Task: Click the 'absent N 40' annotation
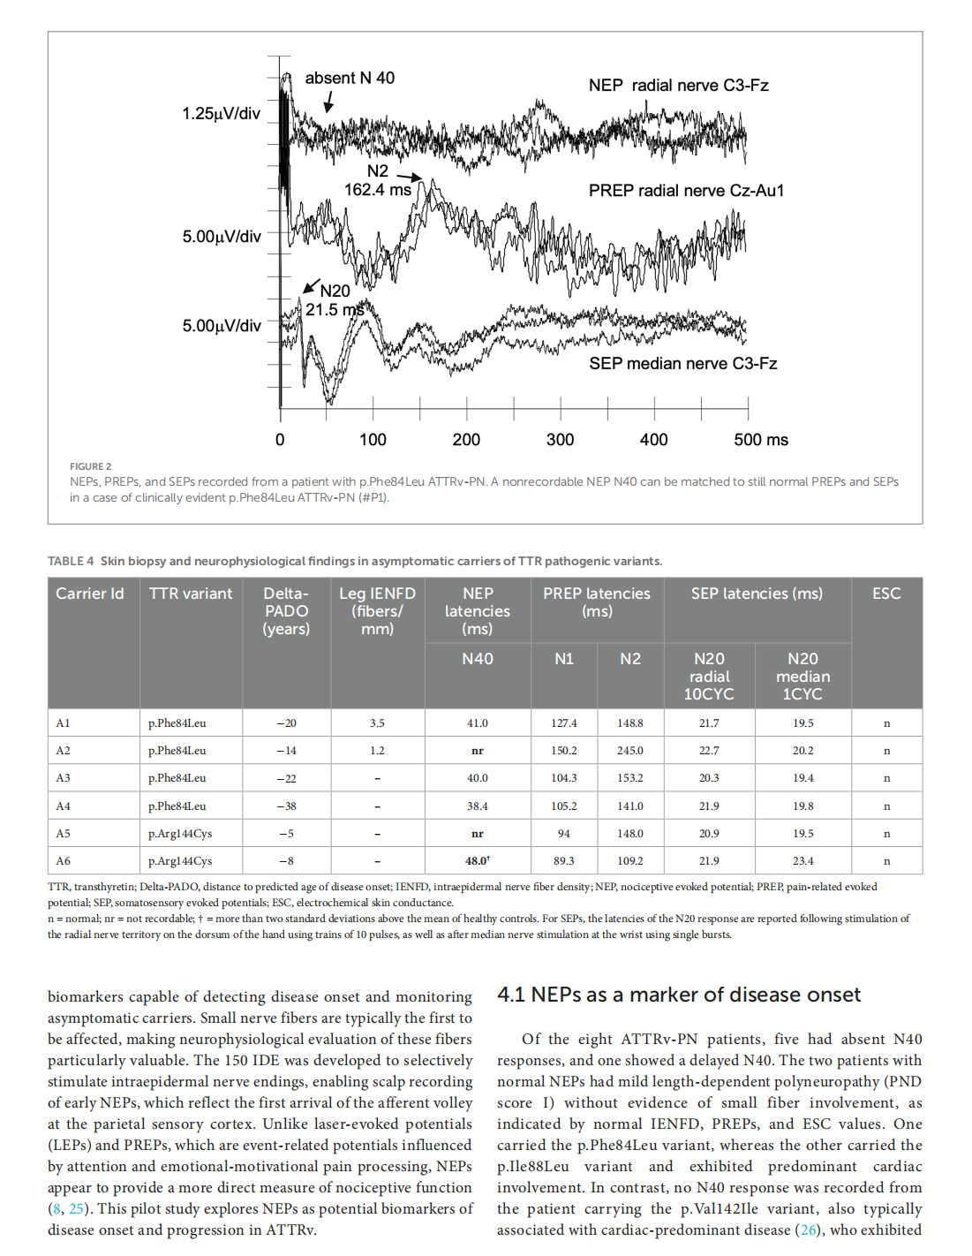coord(350,79)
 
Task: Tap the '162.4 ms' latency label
coord(378,190)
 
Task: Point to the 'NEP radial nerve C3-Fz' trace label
coord(678,86)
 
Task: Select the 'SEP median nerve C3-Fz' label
coord(682,364)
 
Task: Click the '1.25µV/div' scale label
coord(221,114)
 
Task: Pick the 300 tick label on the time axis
coord(560,440)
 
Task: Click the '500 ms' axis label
coord(760,440)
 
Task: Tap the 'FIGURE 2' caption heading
coord(91,466)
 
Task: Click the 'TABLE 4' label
coord(71,562)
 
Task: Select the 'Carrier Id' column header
coord(90,594)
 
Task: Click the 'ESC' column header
coord(886,594)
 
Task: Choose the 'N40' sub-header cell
coord(478,659)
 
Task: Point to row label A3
coord(64,778)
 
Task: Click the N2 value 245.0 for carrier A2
coord(630,751)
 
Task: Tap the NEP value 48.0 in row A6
coord(477,861)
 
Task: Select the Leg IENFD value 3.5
coord(377,723)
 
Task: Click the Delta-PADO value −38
coord(286,806)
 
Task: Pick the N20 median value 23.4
coord(802,861)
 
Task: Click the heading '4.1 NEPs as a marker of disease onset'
coord(678,995)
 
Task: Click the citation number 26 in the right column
coord(809,1230)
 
